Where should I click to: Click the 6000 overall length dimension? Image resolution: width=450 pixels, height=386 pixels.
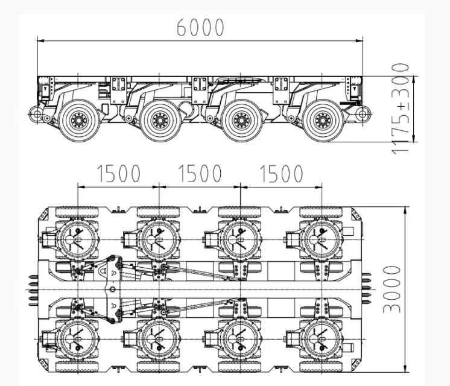click(x=200, y=28)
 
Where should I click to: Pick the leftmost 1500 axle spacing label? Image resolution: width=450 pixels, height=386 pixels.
click(x=119, y=174)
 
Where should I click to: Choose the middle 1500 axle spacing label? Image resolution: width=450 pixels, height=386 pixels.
click(x=200, y=174)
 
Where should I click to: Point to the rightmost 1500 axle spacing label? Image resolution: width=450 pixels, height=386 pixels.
click(x=281, y=174)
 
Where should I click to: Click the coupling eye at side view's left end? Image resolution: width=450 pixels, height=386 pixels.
click(x=36, y=114)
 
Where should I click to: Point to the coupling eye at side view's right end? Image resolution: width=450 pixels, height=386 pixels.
click(x=363, y=113)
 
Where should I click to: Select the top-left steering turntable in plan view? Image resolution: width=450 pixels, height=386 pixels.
click(x=77, y=237)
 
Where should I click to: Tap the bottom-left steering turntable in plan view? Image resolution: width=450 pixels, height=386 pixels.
click(x=77, y=338)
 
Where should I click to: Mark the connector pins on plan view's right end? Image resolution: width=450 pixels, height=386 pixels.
click(x=366, y=288)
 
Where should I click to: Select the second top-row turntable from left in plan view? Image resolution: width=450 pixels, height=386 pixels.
click(x=158, y=237)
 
